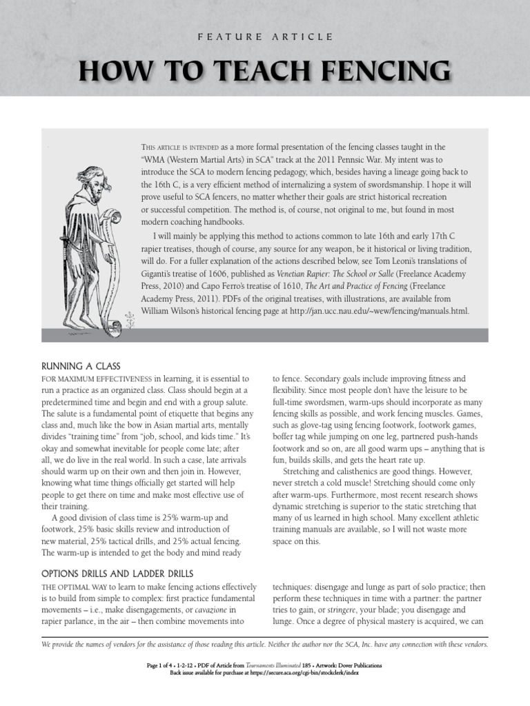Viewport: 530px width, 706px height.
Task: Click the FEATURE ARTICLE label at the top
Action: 265,36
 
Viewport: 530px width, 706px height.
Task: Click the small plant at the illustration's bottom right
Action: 128,319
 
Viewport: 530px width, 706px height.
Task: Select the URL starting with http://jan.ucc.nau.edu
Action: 386,311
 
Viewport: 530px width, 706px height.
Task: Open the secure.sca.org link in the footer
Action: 303,673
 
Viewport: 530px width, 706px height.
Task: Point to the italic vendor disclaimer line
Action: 265,645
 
